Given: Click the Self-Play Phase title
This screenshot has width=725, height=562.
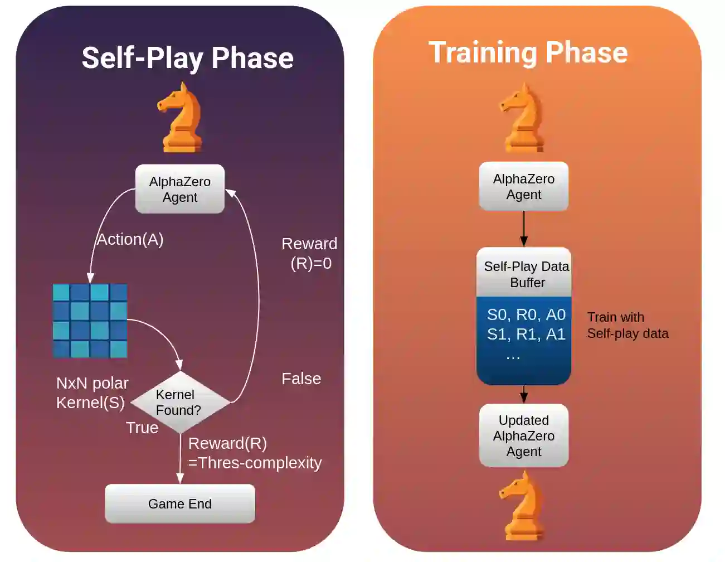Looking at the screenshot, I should (187, 58).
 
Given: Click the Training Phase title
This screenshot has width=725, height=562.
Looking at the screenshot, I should (528, 53).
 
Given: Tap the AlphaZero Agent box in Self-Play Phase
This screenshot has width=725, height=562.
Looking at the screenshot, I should (179, 189).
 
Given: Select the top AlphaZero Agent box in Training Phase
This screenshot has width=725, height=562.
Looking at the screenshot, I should (523, 187).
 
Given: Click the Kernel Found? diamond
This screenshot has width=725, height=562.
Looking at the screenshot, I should (179, 402).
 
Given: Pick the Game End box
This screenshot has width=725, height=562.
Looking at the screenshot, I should (179, 504).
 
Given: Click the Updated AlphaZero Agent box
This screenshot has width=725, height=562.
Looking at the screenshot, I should (523, 435).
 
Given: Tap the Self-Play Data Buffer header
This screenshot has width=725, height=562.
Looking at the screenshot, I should (524, 274).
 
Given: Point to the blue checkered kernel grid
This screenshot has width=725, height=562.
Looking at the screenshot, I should (90, 321).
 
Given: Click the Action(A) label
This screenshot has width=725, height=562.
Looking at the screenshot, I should (130, 239).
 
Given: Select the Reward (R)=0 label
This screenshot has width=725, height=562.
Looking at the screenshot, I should (310, 253).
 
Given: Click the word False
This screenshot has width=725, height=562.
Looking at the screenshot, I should (301, 379).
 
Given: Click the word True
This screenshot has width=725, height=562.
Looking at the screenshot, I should (142, 428).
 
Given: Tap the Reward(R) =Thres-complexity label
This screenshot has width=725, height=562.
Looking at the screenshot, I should (254, 453).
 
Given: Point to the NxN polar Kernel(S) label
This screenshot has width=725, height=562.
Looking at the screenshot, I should (92, 393).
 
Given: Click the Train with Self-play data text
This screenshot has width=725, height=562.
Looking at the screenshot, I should (627, 325).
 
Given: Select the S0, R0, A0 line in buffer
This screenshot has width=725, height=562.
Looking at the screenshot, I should (525, 314).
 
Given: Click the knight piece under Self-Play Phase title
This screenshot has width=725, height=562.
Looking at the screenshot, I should (181, 118).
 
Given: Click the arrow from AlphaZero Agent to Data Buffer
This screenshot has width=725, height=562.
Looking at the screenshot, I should (523, 229).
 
